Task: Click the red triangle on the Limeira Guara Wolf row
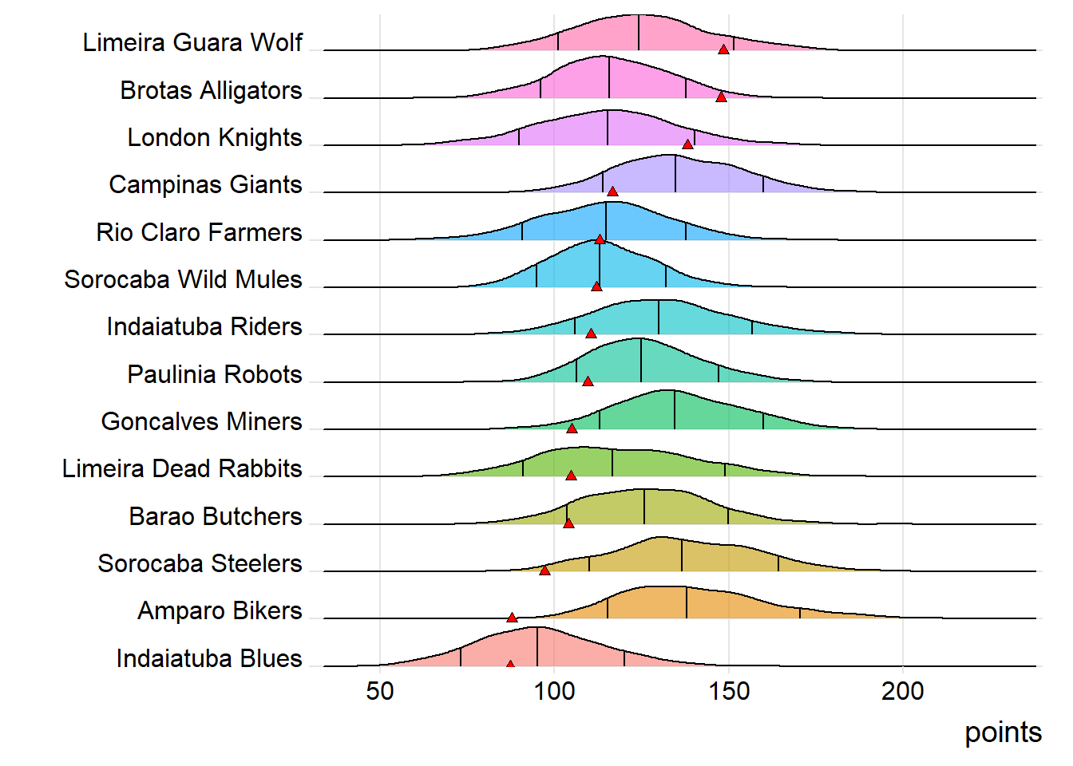723,49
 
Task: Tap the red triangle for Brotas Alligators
721,97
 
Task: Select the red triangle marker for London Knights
687,144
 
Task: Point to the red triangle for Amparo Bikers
512,618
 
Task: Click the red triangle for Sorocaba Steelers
544,571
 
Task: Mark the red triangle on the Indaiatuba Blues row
510,664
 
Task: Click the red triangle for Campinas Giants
612,191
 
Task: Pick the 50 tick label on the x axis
380,691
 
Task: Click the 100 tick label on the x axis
554,691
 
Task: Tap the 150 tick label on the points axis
729,691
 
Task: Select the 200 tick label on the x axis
903,691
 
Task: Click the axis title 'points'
1003,732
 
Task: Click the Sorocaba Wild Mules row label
183,279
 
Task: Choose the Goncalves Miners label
201,421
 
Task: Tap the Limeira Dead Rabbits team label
182,468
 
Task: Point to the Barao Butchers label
216,516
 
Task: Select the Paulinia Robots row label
215,374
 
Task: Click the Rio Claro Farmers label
199,232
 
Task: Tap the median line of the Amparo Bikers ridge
687,602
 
